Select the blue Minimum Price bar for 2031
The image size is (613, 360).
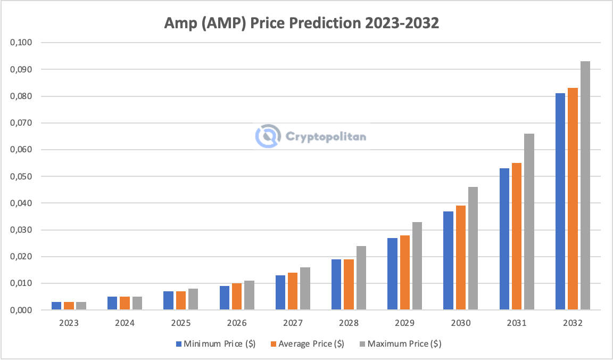(x=504, y=239)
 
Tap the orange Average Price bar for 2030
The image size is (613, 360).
(x=460, y=258)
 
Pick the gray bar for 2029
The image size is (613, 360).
(x=417, y=266)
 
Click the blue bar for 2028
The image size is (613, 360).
(x=336, y=284)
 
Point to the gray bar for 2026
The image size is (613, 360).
(x=249, y=295)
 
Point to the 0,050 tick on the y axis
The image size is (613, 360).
(x=22, y=176)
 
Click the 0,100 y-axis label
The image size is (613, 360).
(x=22, y=43)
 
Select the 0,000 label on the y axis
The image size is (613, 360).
(x=22, y=310)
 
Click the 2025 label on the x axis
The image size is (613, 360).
(x=181, y=323)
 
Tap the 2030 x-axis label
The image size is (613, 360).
(x=461, y=323)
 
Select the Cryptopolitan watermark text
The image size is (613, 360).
(x=326, y=137)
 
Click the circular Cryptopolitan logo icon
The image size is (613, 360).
(x=268, y=136)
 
